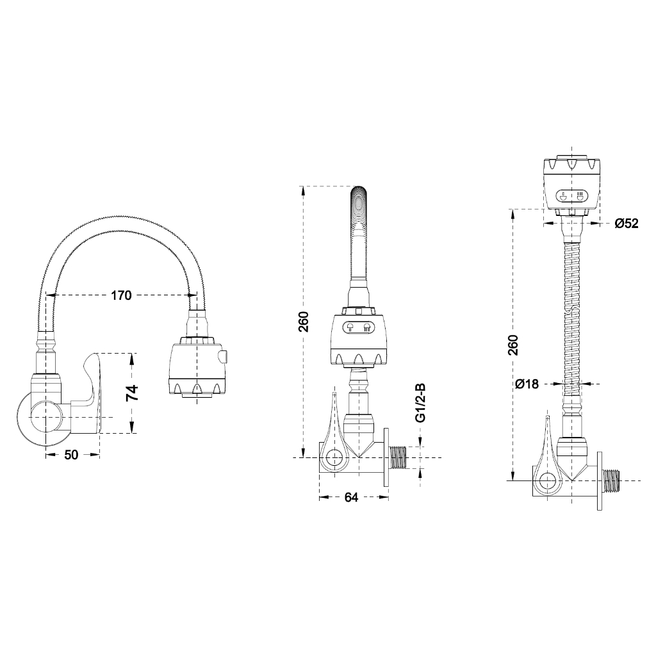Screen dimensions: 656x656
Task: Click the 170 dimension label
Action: [x=121, y=295]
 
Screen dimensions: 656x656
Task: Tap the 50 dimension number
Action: [x=71, y=455]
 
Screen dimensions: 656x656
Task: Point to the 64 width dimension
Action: [x=351, y=496]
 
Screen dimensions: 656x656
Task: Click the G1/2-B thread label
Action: [x=420, y=403]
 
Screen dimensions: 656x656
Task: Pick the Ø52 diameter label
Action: [x=626, y=223]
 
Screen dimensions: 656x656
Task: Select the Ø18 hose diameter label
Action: [x=527, y=384]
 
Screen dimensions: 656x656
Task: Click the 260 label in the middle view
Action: [x=304, y=320]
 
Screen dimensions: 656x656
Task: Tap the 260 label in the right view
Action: [x=512, y=345]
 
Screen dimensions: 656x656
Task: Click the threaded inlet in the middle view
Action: [x=398, y=458]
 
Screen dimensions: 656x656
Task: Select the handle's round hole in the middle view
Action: [x=333, y=458]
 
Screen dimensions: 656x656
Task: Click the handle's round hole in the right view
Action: [x=547, y=481]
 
